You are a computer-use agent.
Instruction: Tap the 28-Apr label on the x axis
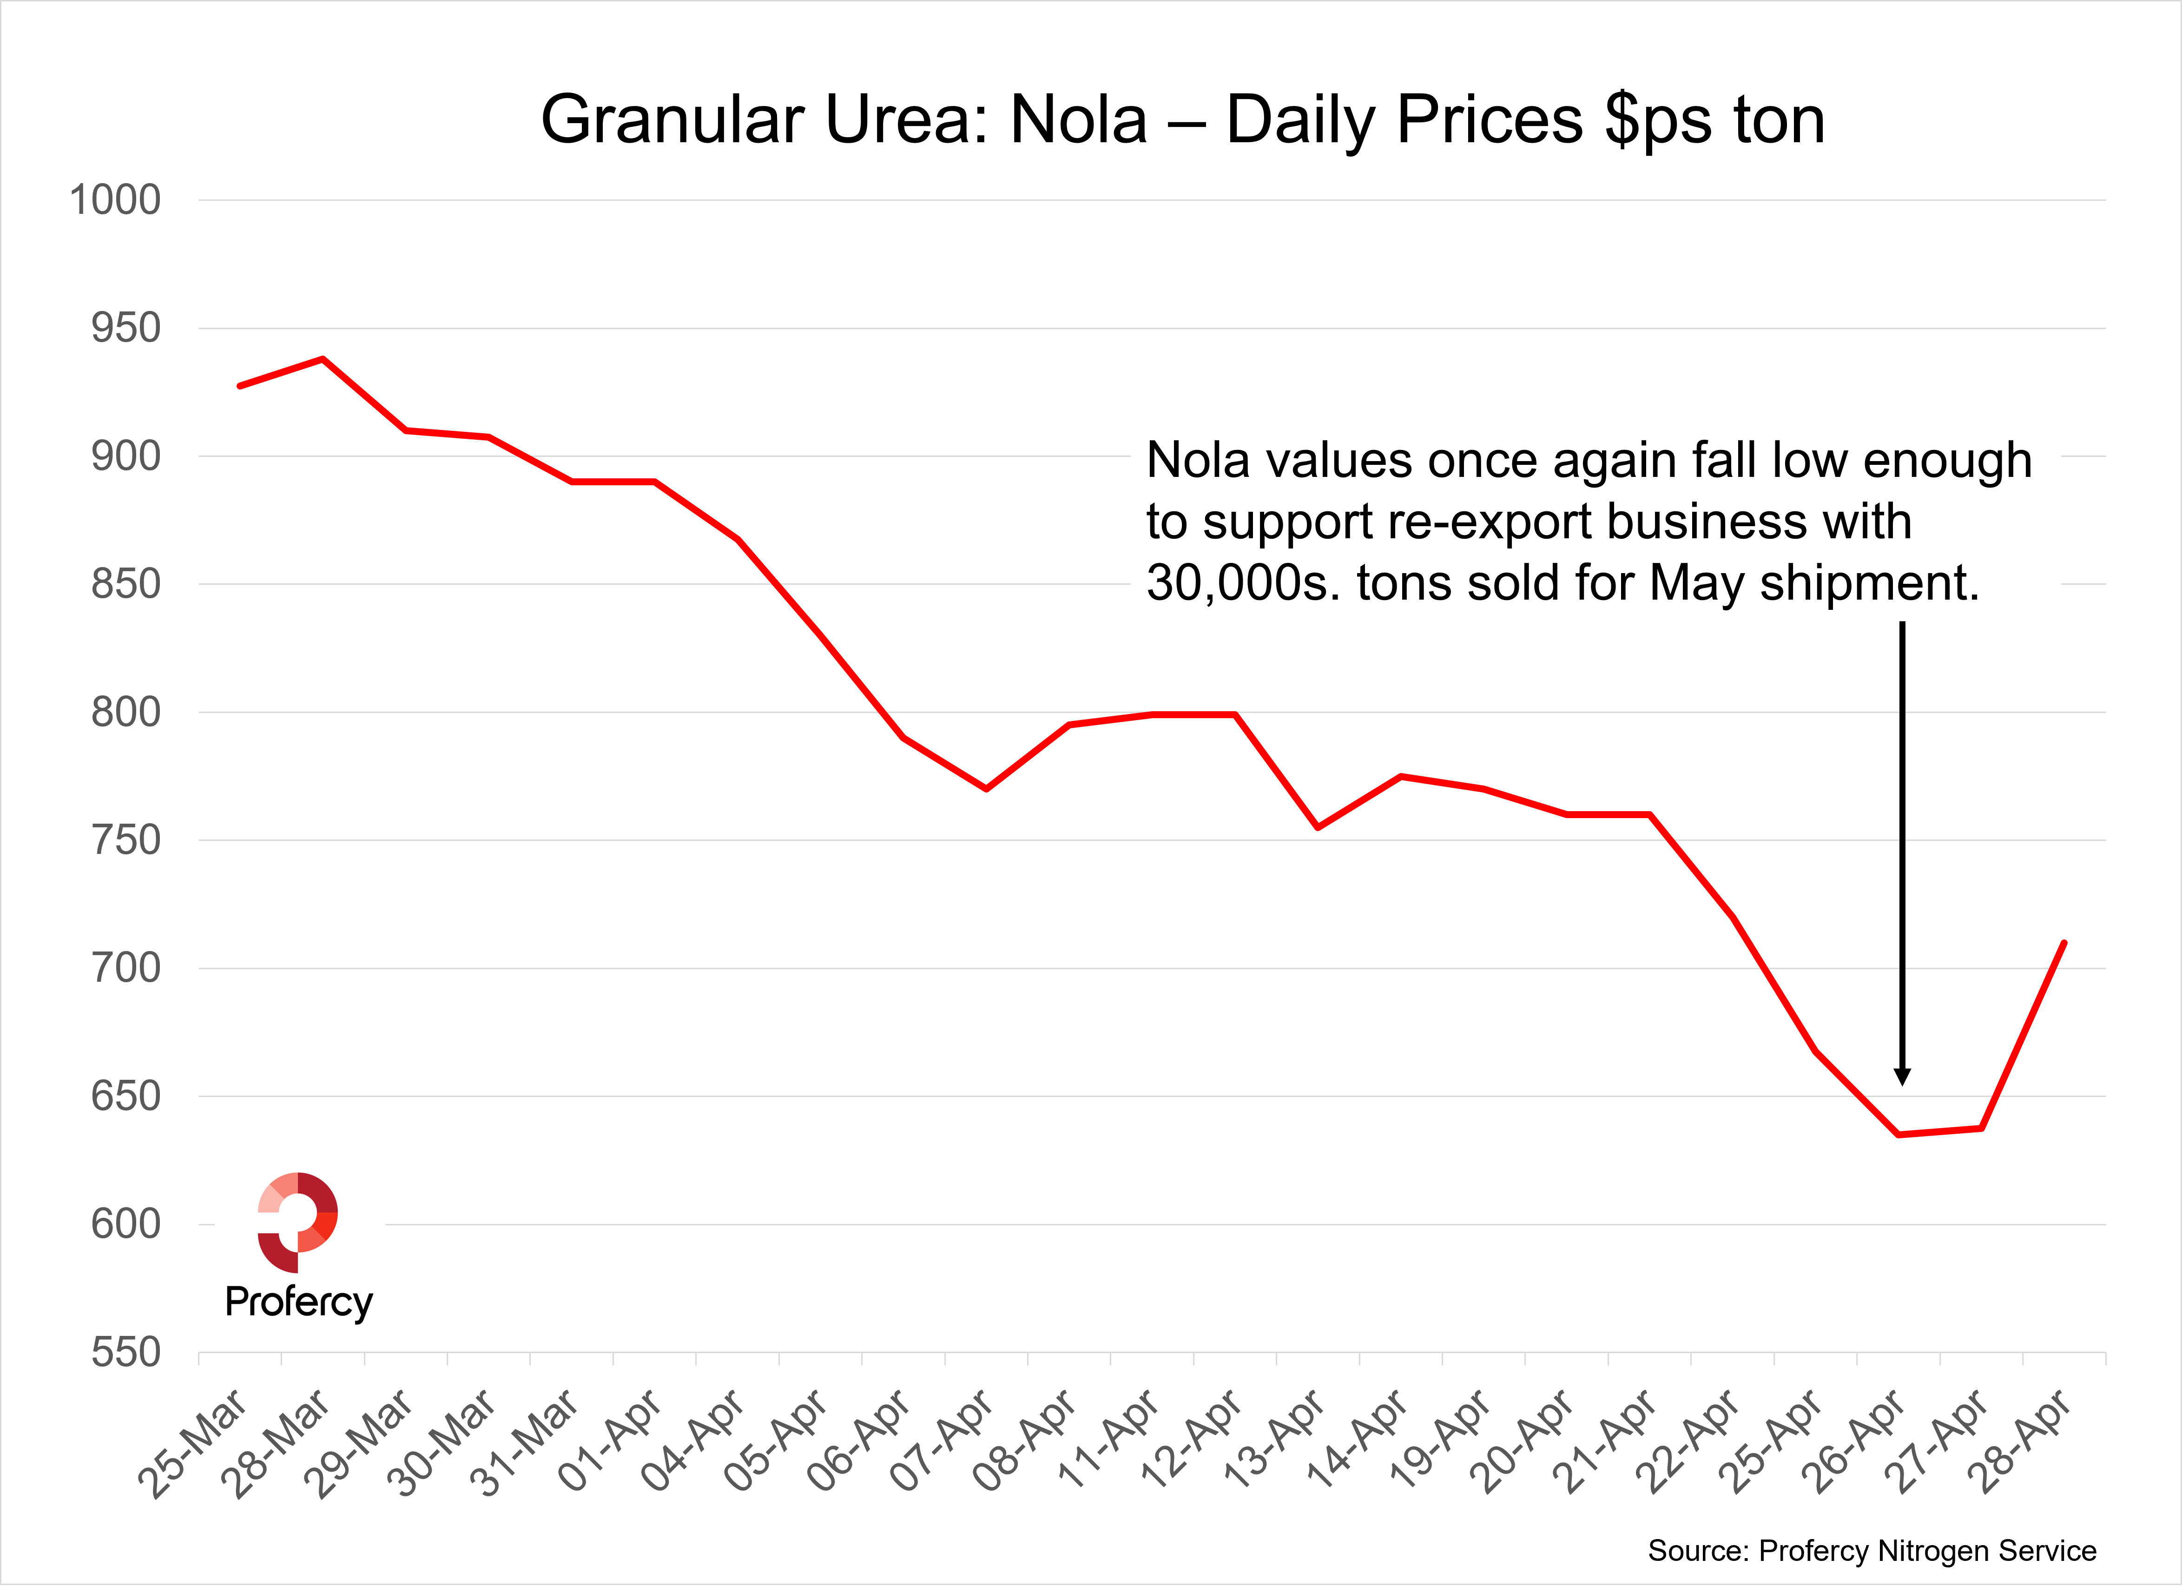point(2018,1441)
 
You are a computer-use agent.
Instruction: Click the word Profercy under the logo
point(298,1302)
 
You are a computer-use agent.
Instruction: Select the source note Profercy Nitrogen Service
point(1871,1550)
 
